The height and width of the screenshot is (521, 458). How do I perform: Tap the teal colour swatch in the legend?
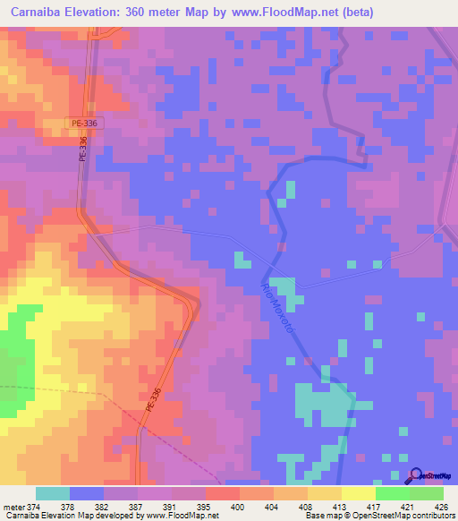[52, 493]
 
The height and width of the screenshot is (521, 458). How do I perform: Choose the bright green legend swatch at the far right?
[426, 493]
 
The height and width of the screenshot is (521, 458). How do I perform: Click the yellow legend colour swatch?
[358, 493]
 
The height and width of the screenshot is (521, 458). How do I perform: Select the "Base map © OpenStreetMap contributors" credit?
[377, 516]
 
